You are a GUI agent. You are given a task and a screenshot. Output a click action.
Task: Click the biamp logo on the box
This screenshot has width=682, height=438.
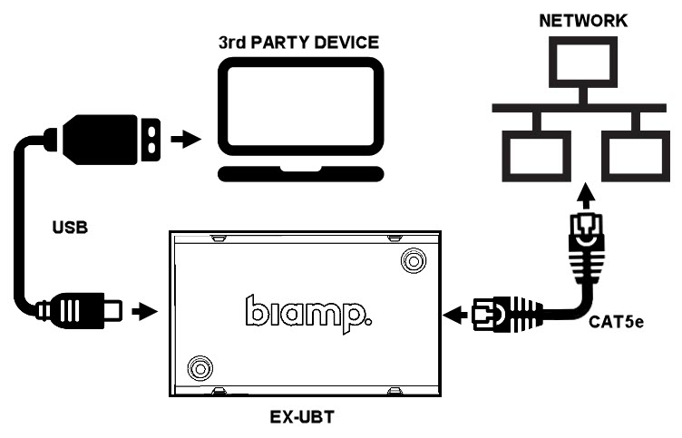click(x=307, y=312)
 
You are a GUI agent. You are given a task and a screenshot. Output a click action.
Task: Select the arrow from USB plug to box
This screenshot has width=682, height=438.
click(x=142, y=311)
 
